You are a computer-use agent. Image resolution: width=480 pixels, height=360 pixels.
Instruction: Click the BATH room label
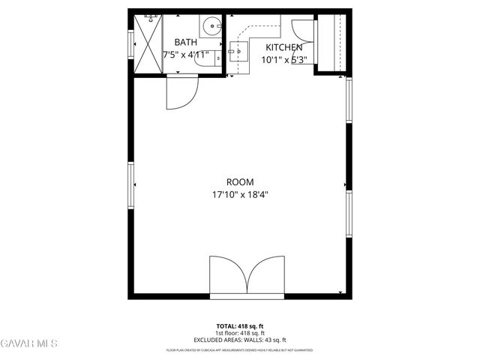point(186,43)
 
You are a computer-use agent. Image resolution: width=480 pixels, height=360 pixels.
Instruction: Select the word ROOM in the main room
point(240,181)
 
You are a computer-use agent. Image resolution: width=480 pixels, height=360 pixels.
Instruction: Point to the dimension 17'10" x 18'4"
point(240,194)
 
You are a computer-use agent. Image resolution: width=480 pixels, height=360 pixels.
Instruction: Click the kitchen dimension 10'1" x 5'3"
point(283,59)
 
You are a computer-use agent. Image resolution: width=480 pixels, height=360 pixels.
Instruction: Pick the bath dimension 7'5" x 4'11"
point(186,55)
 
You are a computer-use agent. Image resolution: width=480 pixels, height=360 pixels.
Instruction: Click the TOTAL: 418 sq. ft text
point(240,325)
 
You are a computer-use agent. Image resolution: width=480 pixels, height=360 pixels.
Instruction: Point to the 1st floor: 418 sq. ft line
point(240,333)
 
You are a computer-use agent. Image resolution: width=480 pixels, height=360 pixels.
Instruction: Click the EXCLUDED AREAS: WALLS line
point(240,340)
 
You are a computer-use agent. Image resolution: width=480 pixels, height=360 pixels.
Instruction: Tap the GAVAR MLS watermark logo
point(30,343)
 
